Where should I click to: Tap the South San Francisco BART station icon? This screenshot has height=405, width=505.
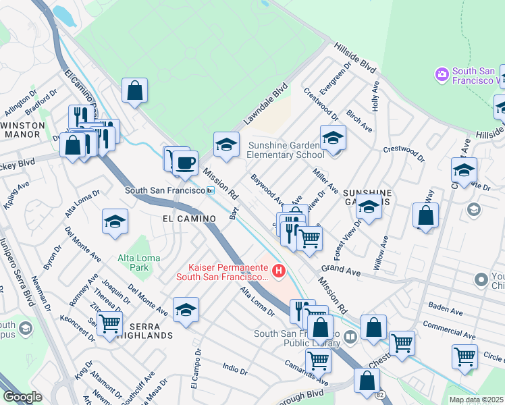point(211,191)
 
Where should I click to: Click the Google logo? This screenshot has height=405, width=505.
point(23,397)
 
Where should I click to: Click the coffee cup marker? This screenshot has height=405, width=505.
point(185,162)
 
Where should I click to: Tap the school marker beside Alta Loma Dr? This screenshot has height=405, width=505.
point(115,220)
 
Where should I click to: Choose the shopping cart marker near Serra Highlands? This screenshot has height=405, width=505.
point(109,323)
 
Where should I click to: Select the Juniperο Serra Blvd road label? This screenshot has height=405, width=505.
point(16,270)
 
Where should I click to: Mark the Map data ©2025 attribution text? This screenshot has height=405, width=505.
point(476,400)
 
